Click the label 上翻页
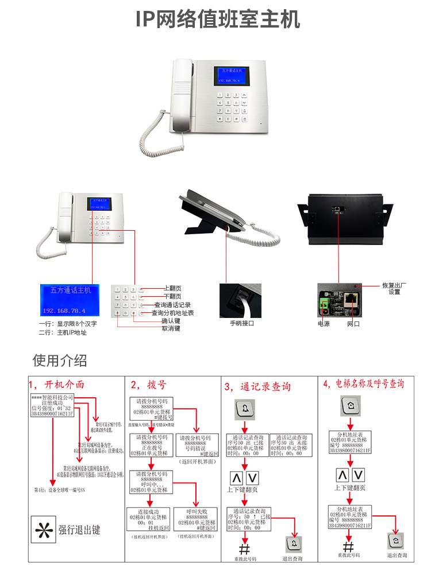[x=172, y=288]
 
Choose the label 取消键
[x=171, y=328]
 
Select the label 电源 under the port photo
[x=324, y=324]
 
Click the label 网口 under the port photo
[x=353, y=324]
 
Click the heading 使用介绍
[x=60, y=360]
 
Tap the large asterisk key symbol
[x=43, y=529]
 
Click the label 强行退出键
[x=80, y=530]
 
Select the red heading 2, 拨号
[x=148, y=385]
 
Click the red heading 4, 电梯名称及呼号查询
[x=363, y=383]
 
